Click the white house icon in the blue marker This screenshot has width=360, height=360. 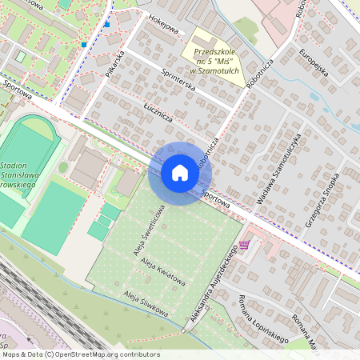point(180,173)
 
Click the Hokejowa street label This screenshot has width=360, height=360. point(163,26)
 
